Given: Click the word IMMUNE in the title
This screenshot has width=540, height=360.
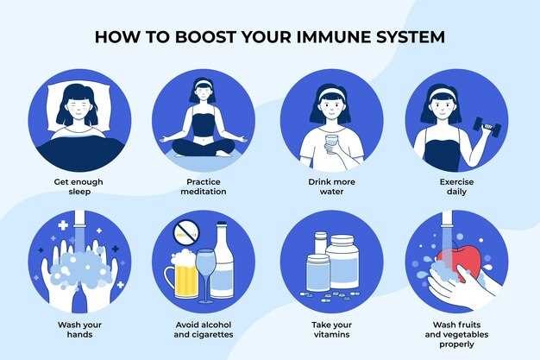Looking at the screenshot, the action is coord(333,37).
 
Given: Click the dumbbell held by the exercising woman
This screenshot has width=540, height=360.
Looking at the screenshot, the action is coord(487,128).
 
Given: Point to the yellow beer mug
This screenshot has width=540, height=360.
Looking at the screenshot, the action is coord(183,275).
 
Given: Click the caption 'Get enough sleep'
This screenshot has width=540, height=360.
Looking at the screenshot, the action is coord(78,186).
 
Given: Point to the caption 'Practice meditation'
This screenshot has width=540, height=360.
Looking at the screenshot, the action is coord(204,186).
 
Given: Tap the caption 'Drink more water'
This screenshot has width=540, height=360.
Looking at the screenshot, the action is coord(331,186).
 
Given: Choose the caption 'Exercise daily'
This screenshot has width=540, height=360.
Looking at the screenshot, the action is coord(456,186).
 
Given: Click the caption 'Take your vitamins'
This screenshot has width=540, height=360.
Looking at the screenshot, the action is coord(331,329).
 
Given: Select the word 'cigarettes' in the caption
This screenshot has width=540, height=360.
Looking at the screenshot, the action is coord(214,334).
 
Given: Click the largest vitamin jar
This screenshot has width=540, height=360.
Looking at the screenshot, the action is coord(342,262).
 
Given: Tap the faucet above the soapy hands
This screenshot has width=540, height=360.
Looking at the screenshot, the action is coord(79,219).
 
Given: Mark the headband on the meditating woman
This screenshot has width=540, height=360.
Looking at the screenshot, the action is coord(204,84).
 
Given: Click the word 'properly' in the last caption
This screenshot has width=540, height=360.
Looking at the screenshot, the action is coord(456,344).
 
